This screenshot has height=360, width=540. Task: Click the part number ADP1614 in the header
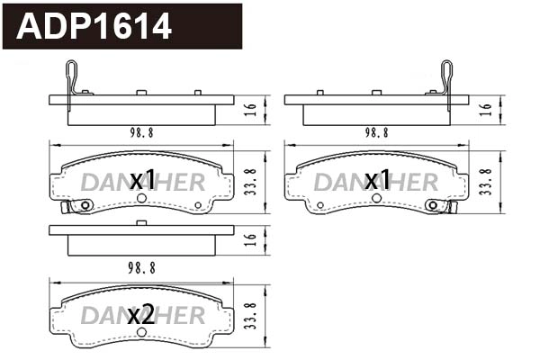click(94, 27)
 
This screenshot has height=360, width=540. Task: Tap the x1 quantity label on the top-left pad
click(143, 181)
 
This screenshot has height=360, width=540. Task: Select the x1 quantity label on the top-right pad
click(376, 181)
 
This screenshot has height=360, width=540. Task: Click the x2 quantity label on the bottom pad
click(140, 315)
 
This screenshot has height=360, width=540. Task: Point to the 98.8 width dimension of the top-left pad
click(140, 131)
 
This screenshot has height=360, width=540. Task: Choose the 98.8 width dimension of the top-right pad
click(376, 131)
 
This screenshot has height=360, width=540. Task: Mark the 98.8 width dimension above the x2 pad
click(140, 267)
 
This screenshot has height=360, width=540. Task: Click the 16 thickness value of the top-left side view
click(253, 109)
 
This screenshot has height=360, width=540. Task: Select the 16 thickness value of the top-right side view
click(487, 109)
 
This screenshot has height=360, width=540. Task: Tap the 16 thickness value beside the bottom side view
click(253, 238)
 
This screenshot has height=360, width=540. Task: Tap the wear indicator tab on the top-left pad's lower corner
click(66, 208)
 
